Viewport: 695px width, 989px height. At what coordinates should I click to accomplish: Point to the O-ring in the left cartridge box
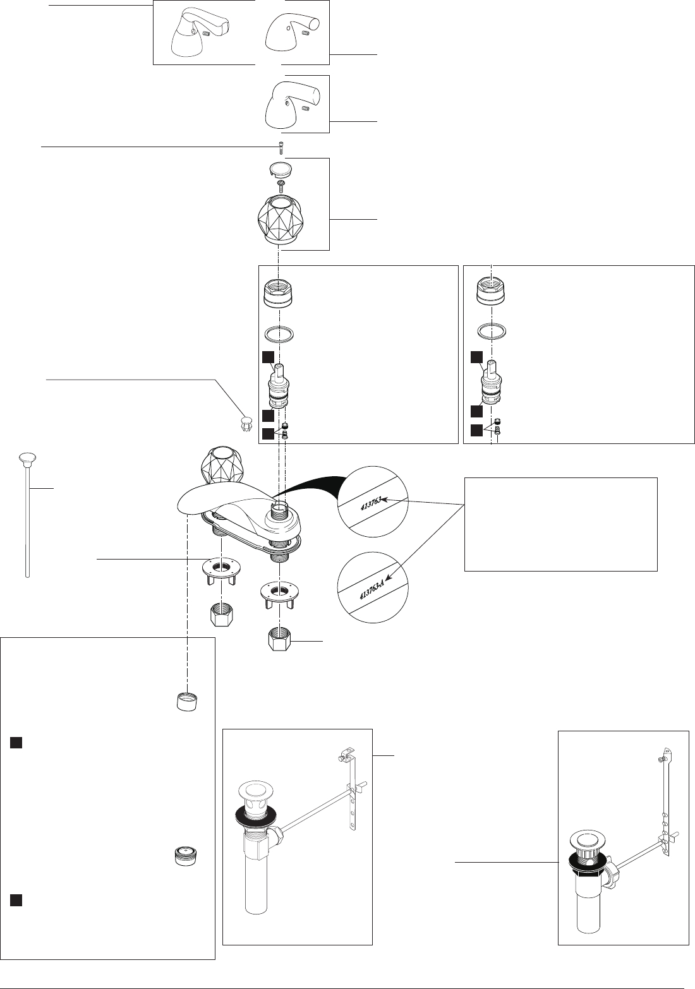[x=279, y=333]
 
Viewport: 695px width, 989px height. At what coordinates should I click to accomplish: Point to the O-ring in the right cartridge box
[x=492, y=331]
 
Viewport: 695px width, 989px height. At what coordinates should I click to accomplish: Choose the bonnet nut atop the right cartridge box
[x=492, y=292]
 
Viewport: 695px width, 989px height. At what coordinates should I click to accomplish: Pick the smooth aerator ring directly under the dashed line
[x=187, y=700]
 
